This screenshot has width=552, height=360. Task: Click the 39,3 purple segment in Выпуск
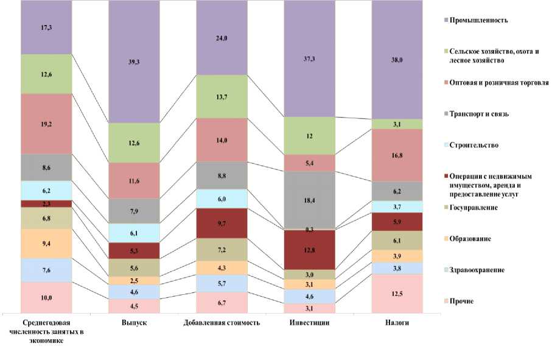(x=135, y=61)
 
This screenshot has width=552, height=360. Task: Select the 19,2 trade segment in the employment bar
(x=46, y=123)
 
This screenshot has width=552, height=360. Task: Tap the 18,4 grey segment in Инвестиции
(x=310, y=200)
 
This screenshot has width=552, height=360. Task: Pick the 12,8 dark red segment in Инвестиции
(x=310, y=249)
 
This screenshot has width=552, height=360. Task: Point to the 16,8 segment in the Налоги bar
(x=397, y=155)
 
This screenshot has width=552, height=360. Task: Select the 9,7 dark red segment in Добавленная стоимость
(x=222, y=223)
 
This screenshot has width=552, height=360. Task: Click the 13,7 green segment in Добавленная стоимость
(x=222, y=96)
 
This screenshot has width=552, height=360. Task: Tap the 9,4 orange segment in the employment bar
(x=46, y=243)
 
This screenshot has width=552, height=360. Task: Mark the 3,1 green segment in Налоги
(x=397, y=124)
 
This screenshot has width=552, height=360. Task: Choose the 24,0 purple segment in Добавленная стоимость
(x=222, y=38)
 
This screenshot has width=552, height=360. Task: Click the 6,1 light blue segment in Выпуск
(x=135, y=233)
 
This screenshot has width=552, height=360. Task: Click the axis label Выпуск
(x=135, y=322)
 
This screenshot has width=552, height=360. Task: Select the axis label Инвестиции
(x=310, y=322)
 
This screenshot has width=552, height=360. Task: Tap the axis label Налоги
(x=397, y=322)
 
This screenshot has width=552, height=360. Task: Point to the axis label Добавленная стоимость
(x=222, y=322)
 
